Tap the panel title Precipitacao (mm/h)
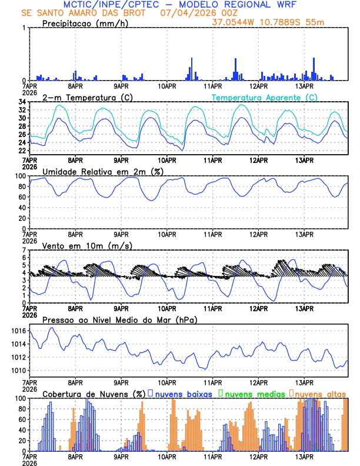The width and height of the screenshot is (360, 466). pos(84,24)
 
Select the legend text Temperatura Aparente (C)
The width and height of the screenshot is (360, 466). pos(265,97)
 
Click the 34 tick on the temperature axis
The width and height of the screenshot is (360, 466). pos(21,102)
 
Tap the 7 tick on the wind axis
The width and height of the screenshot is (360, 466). pos(23,250)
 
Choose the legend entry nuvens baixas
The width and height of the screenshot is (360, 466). pos(185,393)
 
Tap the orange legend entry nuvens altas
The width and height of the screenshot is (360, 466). pos(321,393)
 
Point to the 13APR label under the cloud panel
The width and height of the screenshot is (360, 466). pos(304,457)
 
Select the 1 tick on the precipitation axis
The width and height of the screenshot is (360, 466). pos(23,28)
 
